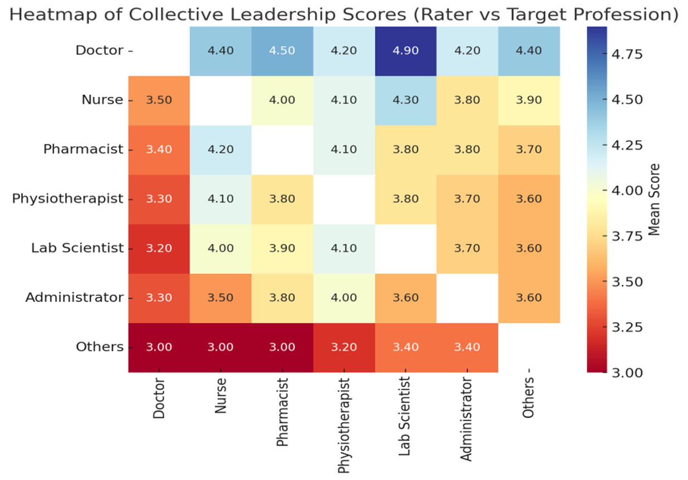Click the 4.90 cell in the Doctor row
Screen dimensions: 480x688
point(406,51)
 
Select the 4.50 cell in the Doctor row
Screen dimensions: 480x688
point(283,51)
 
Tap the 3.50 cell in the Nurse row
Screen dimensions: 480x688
point(159,100)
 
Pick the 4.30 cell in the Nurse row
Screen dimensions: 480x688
point(406,100)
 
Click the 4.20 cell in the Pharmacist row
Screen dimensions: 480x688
point(221,150)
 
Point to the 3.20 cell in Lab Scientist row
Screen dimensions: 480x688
point(159,248)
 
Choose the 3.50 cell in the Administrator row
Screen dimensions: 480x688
point(221,298)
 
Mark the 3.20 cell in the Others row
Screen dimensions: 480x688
point(344,347)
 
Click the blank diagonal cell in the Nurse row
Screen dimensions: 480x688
point(221,100)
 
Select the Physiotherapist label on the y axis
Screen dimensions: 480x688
point(67,199)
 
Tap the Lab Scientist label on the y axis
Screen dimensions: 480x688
point(76,248)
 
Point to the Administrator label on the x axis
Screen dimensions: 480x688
point(466,419)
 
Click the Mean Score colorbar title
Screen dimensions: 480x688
point(655,199)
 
